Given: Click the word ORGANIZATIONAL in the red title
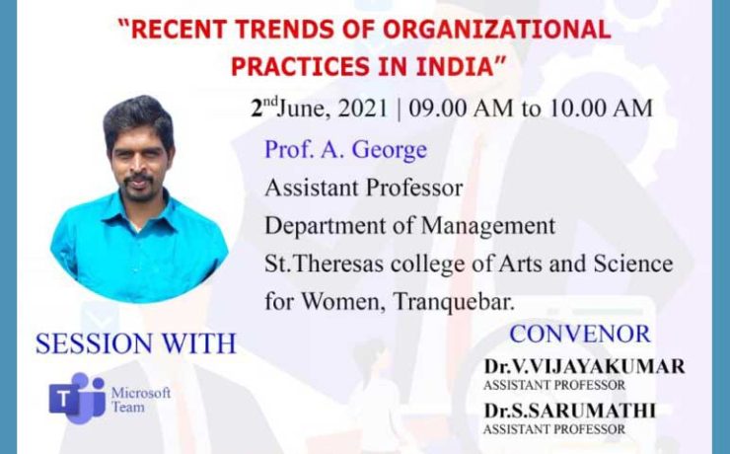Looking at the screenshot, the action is [497, 29].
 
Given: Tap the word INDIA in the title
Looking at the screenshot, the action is [455, 66].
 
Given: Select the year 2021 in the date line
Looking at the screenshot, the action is [363, 109].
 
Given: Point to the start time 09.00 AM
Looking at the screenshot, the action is [461, 109].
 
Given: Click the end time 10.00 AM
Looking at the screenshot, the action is [601, 109].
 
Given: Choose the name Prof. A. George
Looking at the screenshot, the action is [345, 150].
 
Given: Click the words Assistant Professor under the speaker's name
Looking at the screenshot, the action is [364, 189].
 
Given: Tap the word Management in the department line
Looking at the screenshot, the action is [488, 227].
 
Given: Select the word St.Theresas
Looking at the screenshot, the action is [324, 264].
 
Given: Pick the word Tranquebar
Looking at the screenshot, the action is [454, 302].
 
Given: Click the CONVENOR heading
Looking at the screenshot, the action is [580, 334].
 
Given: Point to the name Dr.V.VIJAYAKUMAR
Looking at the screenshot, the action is [584, 366].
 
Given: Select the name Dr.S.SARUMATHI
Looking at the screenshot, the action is [569, 411].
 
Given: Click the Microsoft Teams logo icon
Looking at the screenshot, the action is [77, 398].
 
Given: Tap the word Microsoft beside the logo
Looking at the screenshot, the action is [141, 393].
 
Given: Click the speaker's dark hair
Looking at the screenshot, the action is [138, 118].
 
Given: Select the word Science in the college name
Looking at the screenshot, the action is [633, 264].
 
